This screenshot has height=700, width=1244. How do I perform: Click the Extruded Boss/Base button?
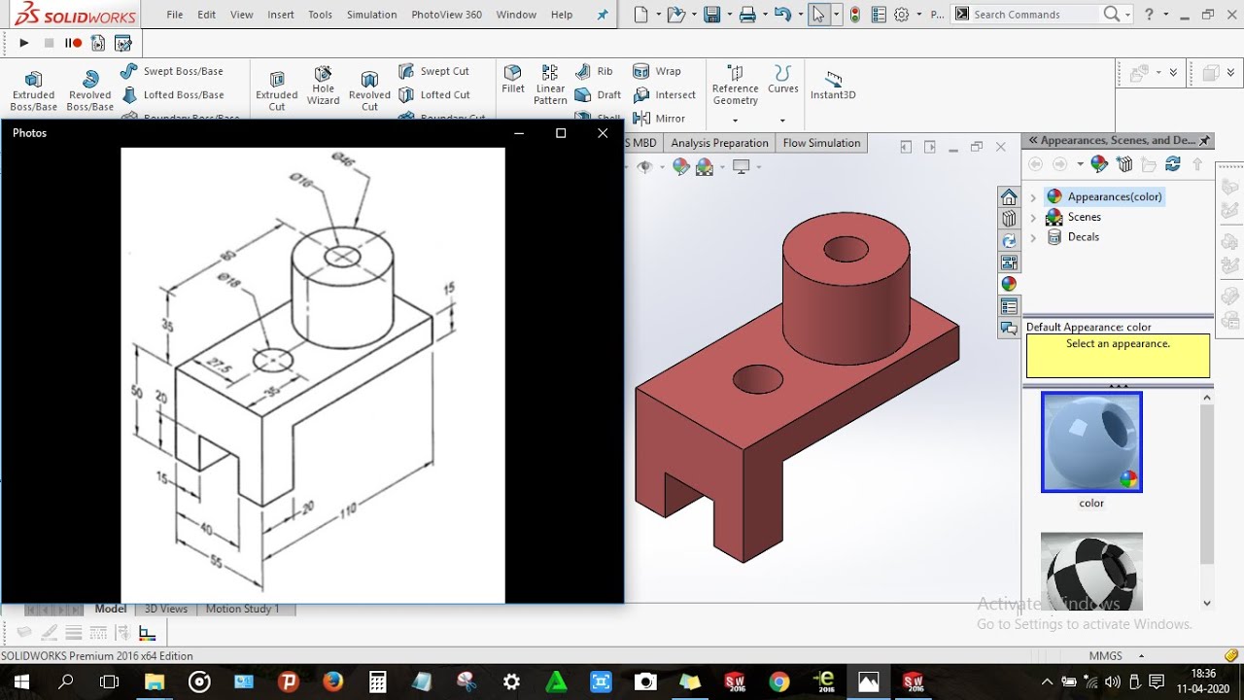[x=33, y=89]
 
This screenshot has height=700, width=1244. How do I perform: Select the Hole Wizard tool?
[x=323, y=87]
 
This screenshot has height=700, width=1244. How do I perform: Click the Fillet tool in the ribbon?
[x=513, y=79]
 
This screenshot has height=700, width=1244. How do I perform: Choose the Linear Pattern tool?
[x=550, y=86]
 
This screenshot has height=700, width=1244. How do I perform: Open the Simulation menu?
[x=371, y=15]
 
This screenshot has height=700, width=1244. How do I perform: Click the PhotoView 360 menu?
[x=446, y=15]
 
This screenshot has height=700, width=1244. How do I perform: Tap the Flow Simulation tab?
[x=821, y=143]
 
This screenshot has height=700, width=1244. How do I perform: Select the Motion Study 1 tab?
[x=242, y=609]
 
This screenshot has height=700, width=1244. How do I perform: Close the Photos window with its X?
[x=603, y=133]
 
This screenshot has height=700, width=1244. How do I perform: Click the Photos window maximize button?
[x=561, y=133]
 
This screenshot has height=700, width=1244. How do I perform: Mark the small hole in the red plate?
[x=758, y=379]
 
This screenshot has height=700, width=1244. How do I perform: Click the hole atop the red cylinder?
[x=846, y=250]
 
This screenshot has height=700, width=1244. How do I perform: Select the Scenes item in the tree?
[x=1084, y=217]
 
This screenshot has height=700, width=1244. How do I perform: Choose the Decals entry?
[x=1083, y=237]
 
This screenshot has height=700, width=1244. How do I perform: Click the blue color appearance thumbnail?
[x=1091, y=442]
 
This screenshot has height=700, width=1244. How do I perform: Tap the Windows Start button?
[x=19, y=682]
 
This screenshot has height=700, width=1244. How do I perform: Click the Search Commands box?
[x=1035, y=15]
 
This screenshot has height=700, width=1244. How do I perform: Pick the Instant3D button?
[x=833, y=85]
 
